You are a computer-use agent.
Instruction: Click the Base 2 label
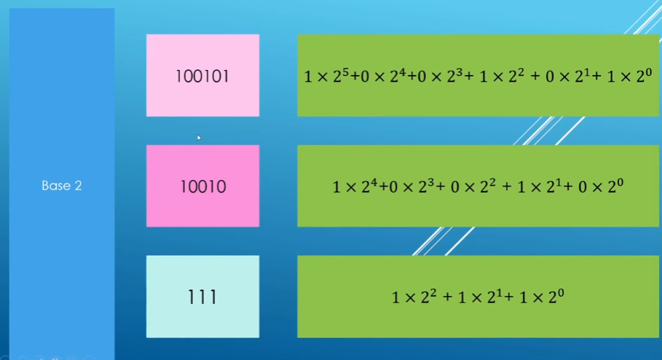click(61, 186)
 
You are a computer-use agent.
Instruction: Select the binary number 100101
click(202, 76)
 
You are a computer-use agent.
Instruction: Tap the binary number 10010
click(202, 187)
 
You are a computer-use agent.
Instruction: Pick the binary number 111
click(202, 297)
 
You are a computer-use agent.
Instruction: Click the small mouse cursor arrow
click(199, 136)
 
